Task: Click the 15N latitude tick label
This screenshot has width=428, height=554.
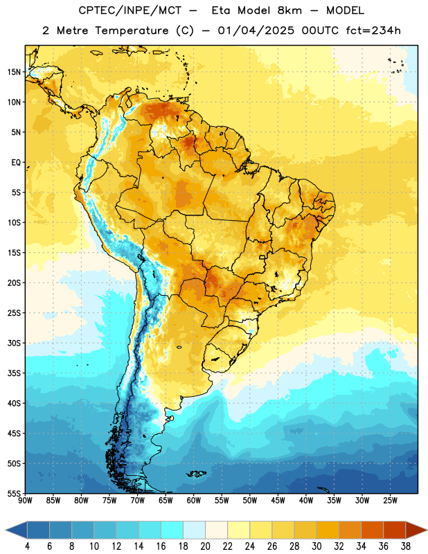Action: pyautogui.click(x=14, y=72)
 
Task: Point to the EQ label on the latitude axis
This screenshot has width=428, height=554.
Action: pyautogui.click(x=16, y=163)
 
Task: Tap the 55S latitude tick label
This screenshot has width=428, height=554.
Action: pyautogui.click(x=14, y=493)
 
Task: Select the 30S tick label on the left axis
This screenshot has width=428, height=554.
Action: pyautogui.click(x=14, y=343)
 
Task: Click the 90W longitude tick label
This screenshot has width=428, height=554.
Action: pyautogui.click(x=25, y=501)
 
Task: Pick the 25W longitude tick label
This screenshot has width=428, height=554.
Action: pyautogui.click(x=390, y=501)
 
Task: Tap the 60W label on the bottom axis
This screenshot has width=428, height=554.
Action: pyautogui.click(x=194, y=501)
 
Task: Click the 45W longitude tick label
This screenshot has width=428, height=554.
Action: pyautogui.click(x=278, y=501)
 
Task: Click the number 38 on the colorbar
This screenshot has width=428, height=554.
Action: pyautogui.click(x=406, y=546)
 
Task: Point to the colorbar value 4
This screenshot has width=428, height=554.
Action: pyautogui.click(x=27, y=546)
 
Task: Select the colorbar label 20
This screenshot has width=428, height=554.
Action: pyautogui.click(x=205, y=546)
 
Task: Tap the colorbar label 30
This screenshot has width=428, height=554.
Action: pyautogui.click(x=316, y=546)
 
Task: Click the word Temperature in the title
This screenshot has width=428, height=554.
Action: pyautogui.click(x=132, y=30)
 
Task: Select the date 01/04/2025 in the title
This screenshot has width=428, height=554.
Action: pyautogui.click(x=256, y=30)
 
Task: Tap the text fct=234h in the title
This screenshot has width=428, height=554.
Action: pyautogui.click(x=373, y=30)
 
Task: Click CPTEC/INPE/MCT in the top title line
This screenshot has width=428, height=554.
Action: pyautogui.click(x=130, y=10)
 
